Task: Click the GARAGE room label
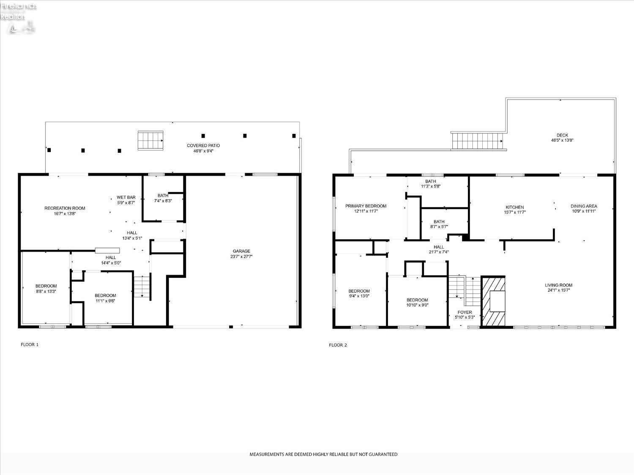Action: (x=241, y=251)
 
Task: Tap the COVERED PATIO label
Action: (x=203, y=146)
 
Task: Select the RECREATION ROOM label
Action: (x=65, y=208)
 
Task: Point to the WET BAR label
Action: (x=126, y=197)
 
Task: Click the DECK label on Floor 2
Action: (x=562, y=136)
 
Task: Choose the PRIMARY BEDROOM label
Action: (x=366, y=206)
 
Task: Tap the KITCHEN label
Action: (x=514, y=207)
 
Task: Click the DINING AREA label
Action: (x=584, y=206)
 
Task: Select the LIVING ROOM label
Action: (x=558, y=285)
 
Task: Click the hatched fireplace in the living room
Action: (x=494, y=301)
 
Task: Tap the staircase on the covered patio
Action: (x=150, y=141)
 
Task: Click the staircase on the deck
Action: (x=478, y=141)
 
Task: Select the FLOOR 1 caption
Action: (x=30, y=345)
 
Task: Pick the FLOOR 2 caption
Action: (x=338, y=345)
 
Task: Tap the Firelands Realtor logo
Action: (x=19, y=17)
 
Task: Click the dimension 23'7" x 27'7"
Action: (x=241, y=257)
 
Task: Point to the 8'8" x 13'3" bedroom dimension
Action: (x=46, y=291)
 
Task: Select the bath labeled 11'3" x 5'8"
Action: (x=430, y=184)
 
